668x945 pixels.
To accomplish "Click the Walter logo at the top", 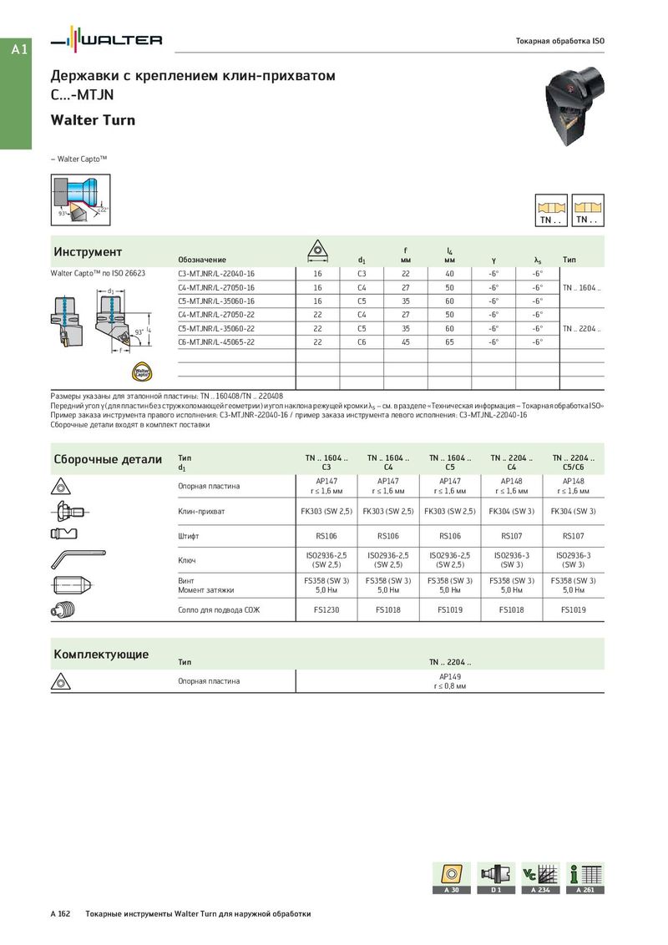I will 106,40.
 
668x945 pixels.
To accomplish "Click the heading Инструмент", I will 88,252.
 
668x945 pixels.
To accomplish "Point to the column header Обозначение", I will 202,260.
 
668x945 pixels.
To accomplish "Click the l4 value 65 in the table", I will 449,341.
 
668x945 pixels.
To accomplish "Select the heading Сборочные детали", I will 108,459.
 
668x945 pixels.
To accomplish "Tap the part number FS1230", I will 326,610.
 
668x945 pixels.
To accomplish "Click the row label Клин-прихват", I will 201,511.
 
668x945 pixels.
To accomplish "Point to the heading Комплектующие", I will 101,654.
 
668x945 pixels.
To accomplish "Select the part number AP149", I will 450,677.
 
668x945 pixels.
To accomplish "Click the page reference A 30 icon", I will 451,878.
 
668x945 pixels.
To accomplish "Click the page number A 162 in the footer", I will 61,914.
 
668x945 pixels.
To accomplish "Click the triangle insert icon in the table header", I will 318,250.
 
